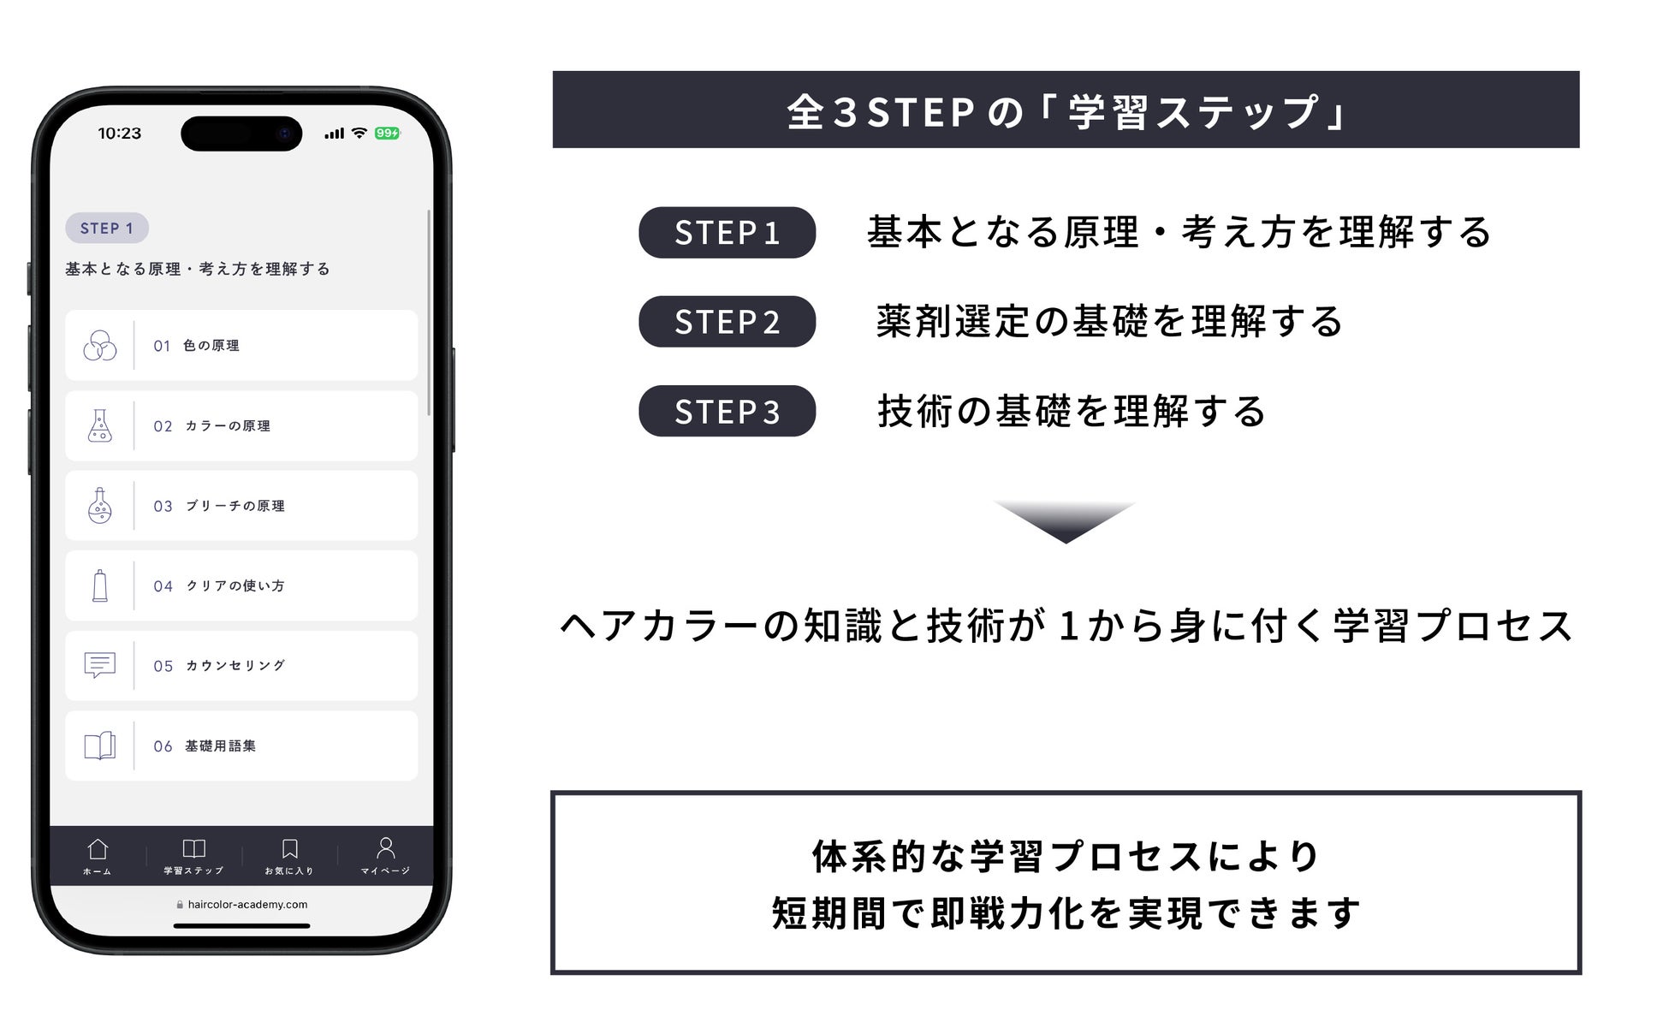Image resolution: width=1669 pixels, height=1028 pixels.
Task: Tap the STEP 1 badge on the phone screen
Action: tap(107, 229)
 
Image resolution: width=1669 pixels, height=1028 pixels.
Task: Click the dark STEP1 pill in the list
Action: tap(727, 233)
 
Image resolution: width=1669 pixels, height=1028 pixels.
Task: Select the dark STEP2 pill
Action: tap(727, 322)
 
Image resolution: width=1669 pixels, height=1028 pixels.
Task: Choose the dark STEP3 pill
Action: tap(727, 412)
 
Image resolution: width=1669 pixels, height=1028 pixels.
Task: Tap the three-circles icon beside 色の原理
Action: tap(100, 346)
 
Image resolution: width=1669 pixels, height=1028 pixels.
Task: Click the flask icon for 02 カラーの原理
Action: tap(100, 425)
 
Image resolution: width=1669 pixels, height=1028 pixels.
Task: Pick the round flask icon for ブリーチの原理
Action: tap(100, 506)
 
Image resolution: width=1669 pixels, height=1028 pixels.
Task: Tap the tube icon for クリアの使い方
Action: tap(100, 586)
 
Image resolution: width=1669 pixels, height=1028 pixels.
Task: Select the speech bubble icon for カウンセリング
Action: tap(100, 665)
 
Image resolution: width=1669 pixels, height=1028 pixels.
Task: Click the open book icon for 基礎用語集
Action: tap(100, 746)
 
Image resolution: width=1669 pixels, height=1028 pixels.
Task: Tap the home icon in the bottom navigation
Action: tap(98, 849)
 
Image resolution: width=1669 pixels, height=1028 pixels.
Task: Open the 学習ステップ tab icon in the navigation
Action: tap(194, 849)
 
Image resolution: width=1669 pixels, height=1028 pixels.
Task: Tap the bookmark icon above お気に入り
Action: tap(290, 849)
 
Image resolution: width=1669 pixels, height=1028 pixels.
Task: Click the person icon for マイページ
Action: tap(386, 847)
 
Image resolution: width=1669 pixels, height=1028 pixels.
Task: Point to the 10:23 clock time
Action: tap(120, 134)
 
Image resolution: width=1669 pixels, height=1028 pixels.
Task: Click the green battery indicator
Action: tap(387, 134)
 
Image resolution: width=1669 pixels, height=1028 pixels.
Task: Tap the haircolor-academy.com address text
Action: tap(247, 905)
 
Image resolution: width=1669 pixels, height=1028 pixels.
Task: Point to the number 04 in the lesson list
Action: tap(163, 586)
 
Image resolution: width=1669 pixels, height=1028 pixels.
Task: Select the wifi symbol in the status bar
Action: tap(359, 134)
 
